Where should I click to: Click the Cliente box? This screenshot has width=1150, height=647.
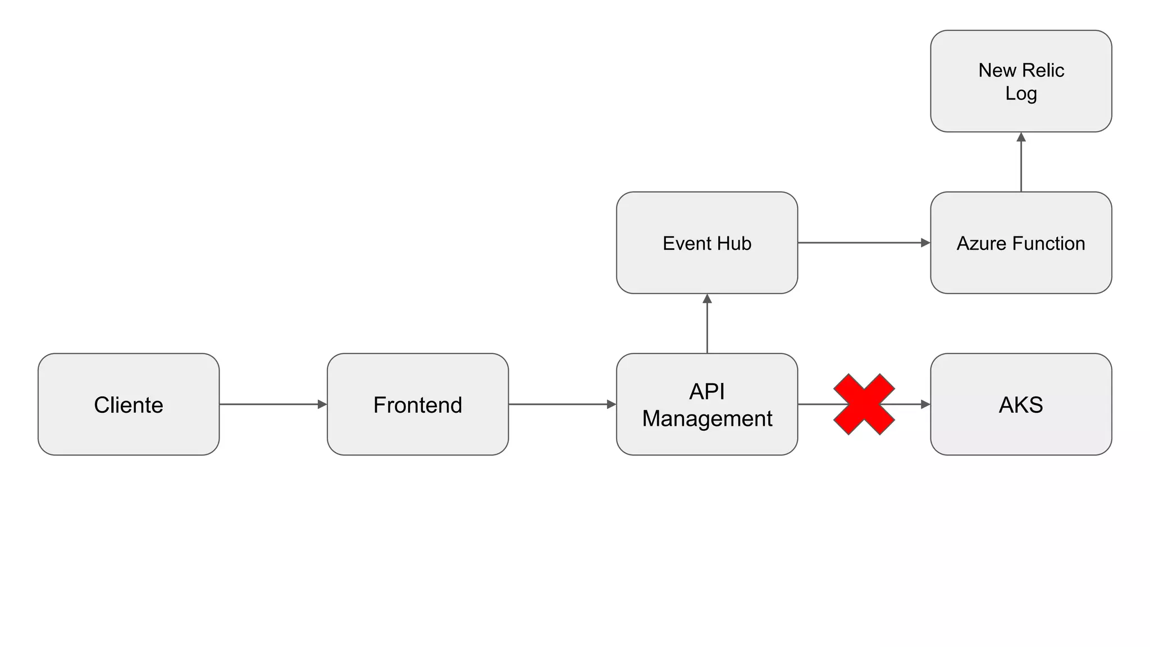pyautogui.click(x=129, y=404)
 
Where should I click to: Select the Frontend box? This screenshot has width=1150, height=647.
pyautogui.click(x=418, y=404)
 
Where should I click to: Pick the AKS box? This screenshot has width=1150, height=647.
pyautogui.click(x=1021, y=404)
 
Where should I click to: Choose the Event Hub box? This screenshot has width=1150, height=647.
pyautogui.click(x=707, y=243)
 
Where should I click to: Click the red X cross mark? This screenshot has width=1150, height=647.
pyautogui.click(x=864, y=404)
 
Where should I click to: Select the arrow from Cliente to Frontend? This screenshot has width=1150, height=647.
pyautogui.click(x=273, y=404)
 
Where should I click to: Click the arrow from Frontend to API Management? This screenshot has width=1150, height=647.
pyautogui.click(x=562, y=404)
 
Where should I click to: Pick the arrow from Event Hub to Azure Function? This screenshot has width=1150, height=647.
pyautogui.click(x=864, y=243)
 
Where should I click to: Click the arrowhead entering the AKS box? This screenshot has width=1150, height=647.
pyautogui.click(x=925, y=404)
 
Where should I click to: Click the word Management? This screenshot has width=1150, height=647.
pyautogui.click(x=707, y=419)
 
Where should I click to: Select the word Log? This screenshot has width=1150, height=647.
pyautogui.click(x=1021, y=93)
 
